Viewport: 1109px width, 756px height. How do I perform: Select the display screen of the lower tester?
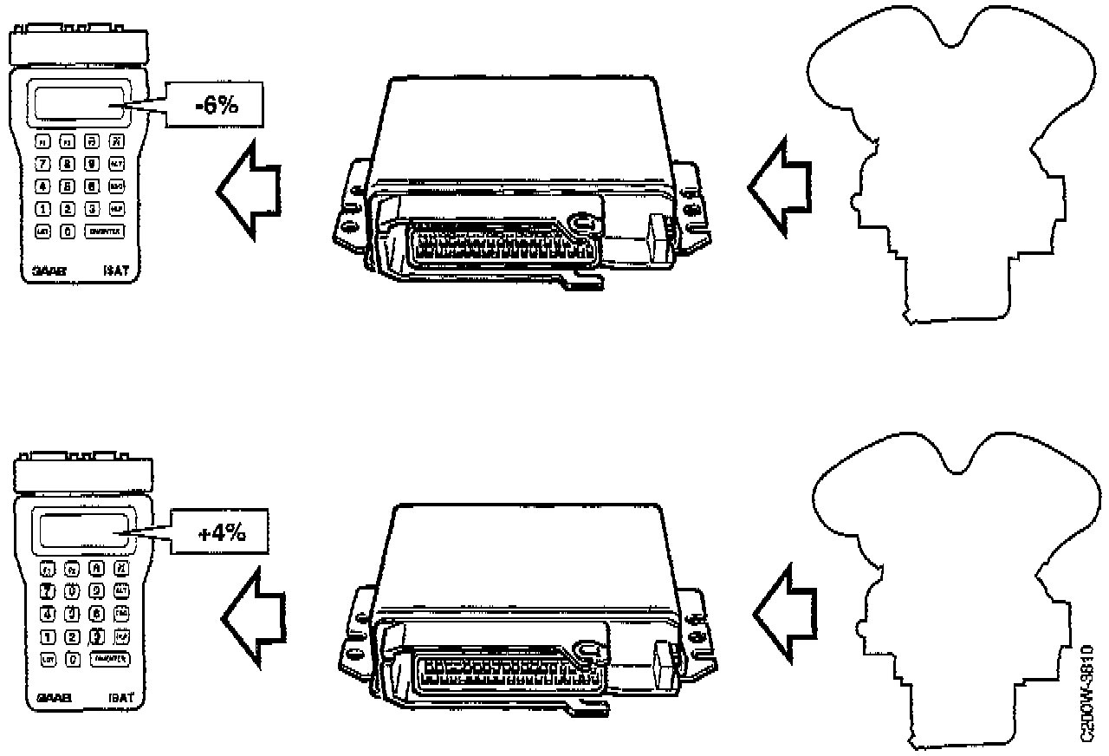(x=82, y=531)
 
